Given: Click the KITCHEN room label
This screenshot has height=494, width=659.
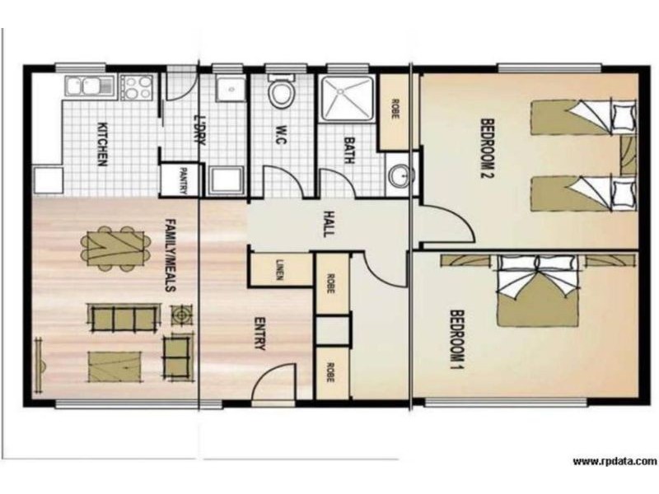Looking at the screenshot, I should click(x=103, y=144).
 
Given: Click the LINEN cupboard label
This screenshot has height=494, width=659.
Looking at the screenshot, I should click(x=280, y=271).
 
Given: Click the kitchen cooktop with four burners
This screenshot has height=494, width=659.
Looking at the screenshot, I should click(x=136, y=86).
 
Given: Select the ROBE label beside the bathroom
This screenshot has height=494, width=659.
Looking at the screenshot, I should click(x=395, y=112).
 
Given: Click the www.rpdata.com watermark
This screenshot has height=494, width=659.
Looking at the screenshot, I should click(x=615, y=461).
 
